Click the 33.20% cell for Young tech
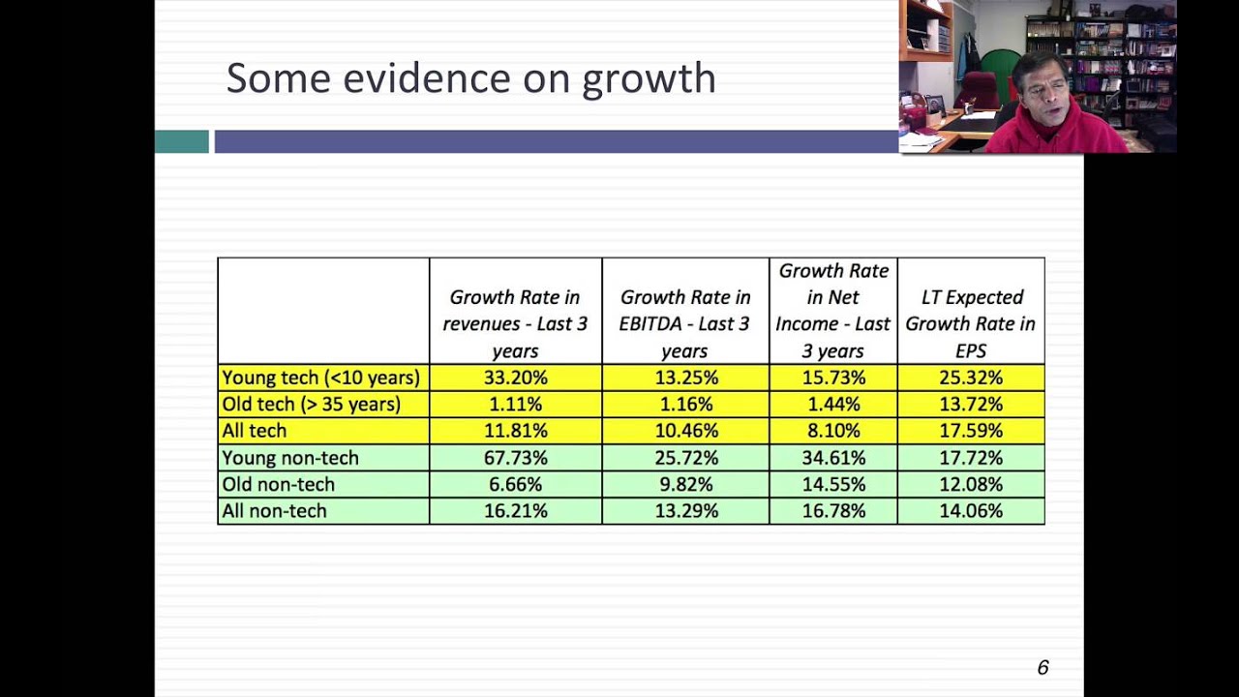[x=515, y=378]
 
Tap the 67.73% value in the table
[x=515, y=458]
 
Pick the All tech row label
[x=255, y=431]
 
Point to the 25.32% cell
[x=970, y=378]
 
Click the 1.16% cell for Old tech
[x=685, y=405]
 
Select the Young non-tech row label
[x=290, y=458]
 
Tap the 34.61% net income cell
[x=832, y=458]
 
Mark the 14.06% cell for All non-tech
[x=970, y=511]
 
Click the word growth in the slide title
[x=649, y=79]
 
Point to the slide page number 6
[x=1043, y=667]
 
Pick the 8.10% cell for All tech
[x=832, y=431]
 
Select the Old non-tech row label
[x=279, y=484]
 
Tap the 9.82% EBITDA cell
[x=685, y=484]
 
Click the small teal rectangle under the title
[x=182, y=141]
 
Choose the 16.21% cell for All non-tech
[x=515, y=511]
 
